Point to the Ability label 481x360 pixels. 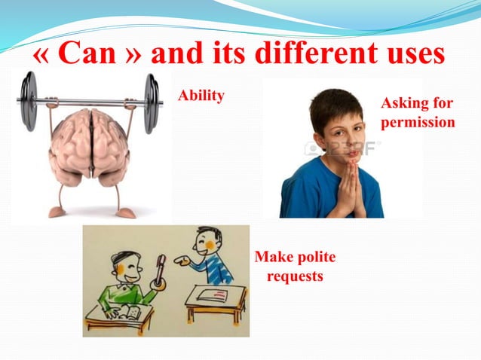coord(201,96)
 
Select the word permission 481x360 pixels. coord(418,122)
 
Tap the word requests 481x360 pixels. coord(295,276)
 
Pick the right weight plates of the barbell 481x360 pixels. coord(152,103)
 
